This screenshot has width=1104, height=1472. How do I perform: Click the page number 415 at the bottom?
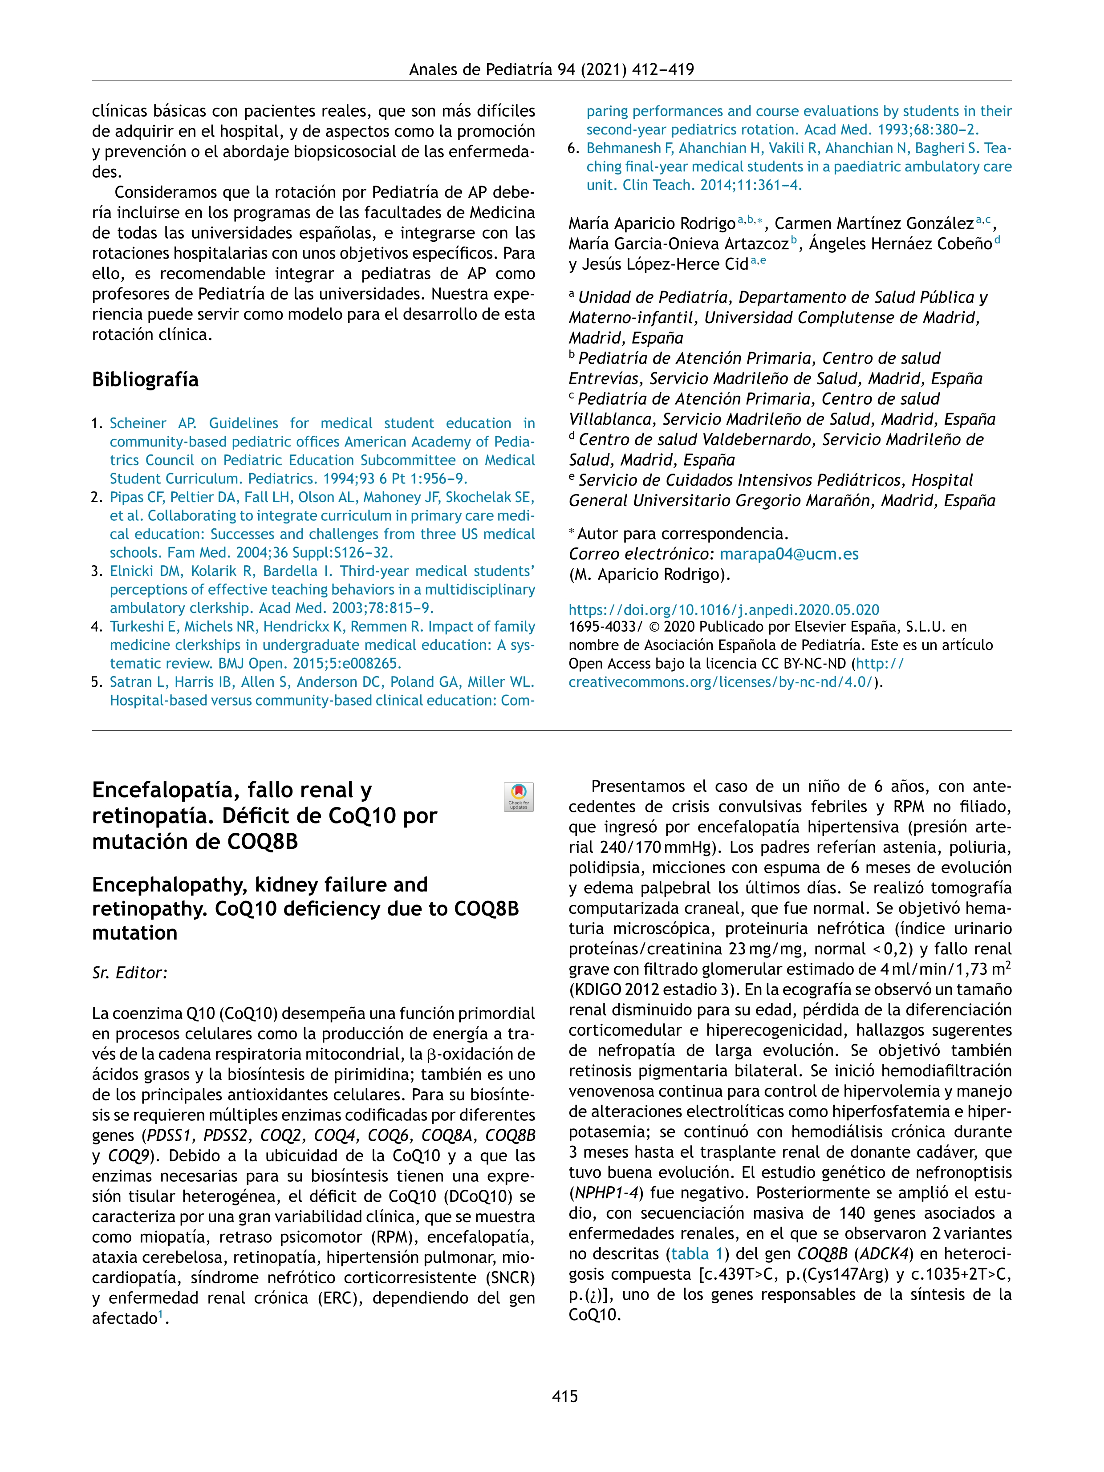click(564, 1395)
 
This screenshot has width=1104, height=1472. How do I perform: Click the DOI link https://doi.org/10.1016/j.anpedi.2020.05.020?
click(723, 609)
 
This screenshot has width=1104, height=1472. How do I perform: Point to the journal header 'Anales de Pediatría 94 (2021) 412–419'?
click(551, 69)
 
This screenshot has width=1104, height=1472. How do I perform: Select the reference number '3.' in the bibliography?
click(97, 571)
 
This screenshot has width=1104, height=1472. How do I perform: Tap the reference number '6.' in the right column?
click(574, 148)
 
